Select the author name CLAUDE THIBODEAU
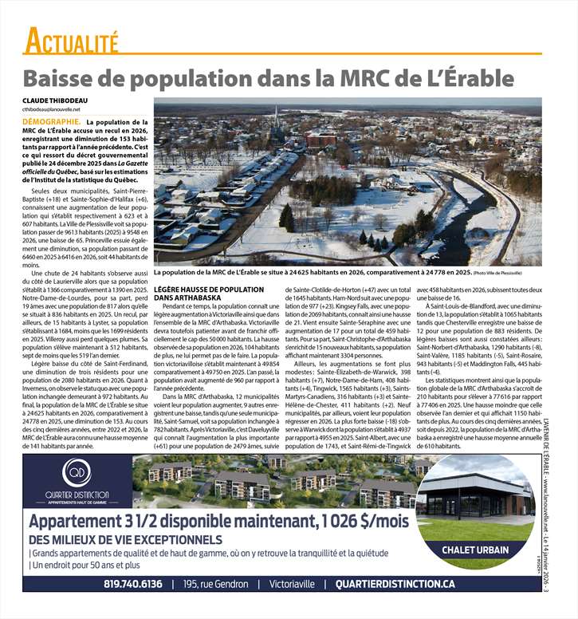pos(57,100)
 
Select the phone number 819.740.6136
pos(132,585)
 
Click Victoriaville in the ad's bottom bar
pos(294,585)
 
